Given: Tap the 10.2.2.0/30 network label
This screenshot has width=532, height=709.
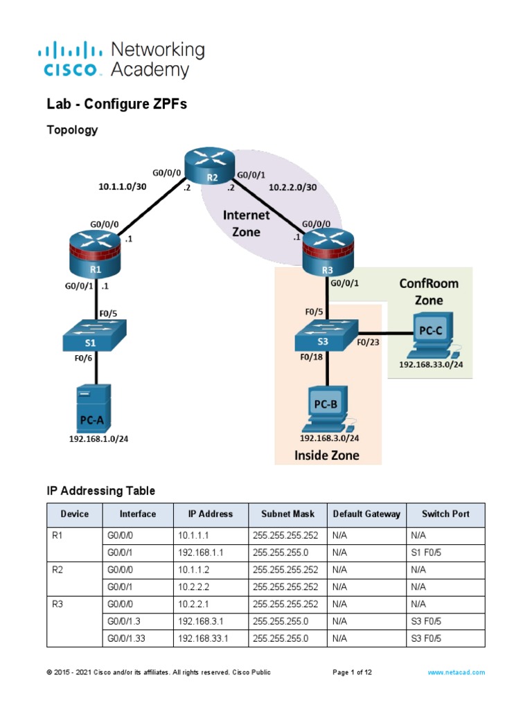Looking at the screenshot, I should [x=293, y=188].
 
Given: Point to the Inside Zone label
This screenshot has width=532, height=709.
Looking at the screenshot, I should [x=327, y=455].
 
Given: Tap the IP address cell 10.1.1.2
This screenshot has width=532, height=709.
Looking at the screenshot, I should [x=193, y=570].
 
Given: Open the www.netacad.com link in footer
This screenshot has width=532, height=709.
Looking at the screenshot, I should [x=456, y=672].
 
